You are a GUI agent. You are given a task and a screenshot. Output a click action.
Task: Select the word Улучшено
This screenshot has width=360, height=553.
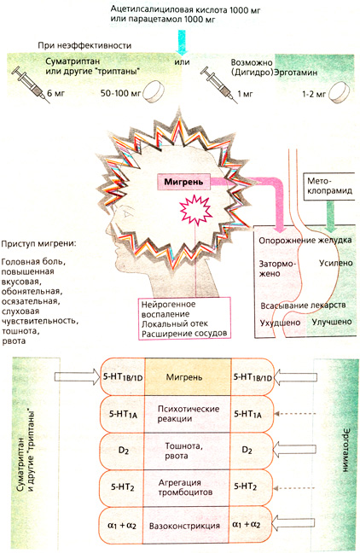point(328,322)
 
